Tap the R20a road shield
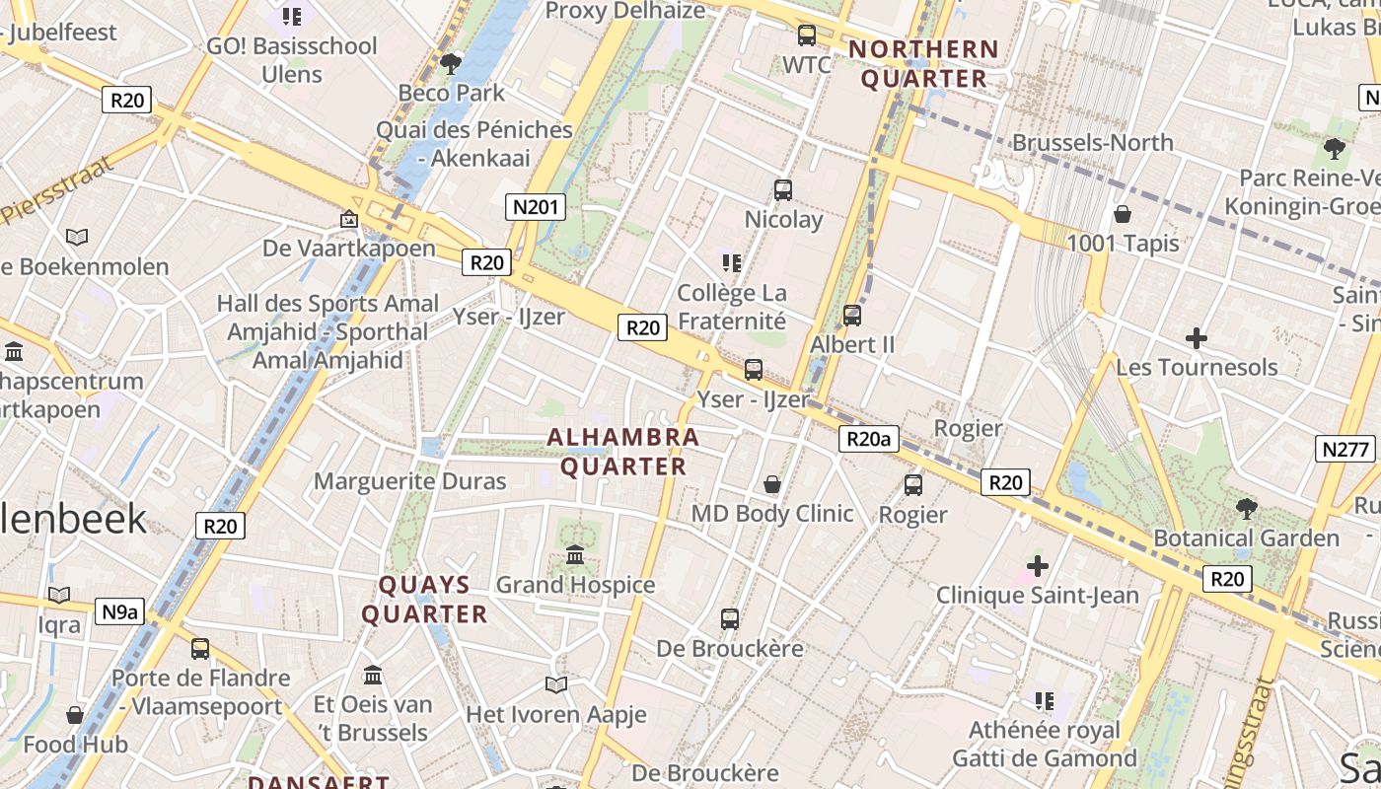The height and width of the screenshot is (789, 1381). coord(868,439)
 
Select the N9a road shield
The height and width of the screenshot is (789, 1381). coord(120,611)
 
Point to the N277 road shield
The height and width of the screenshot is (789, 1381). coord(1345,450)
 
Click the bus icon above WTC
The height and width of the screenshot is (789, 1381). coord(807,36)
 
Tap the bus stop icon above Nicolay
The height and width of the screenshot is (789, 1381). coord(783,189)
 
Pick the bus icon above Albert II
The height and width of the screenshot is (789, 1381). coord(852,316)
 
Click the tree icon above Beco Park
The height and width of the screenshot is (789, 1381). coord(452,64)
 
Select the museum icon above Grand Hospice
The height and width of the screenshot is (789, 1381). coord(575,555)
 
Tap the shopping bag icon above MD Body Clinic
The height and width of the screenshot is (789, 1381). coord(772,484)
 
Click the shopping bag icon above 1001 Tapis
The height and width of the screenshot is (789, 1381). coord(1122,214)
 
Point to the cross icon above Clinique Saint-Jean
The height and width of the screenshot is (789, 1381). coord(1037,566)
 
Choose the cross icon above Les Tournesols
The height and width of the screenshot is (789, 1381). coord(1197,338)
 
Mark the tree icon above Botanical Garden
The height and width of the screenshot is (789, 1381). coord(1247,509)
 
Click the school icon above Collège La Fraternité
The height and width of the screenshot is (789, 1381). coord(731,262)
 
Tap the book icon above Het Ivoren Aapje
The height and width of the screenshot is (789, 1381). coord(556,684)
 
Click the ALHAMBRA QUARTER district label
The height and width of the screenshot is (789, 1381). coord(623,452)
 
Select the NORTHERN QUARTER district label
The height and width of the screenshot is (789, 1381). coord(923,64)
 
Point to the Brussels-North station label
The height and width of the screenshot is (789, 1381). coord(1093,143)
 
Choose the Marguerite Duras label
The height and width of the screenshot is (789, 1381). coord(410,481)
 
